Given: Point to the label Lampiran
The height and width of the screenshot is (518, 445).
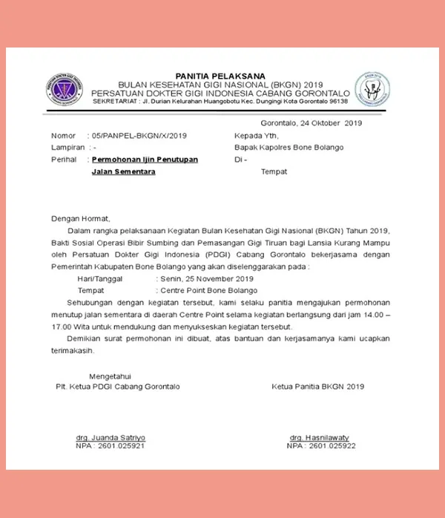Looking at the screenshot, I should pyautogui.click(x=67, y=148).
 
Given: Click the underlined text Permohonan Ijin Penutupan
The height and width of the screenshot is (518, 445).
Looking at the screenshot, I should pyautogui.click(x=145, y=160).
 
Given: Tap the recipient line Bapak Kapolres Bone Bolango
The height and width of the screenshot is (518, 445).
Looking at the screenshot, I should pyautogui.click(x=289, y=148).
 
